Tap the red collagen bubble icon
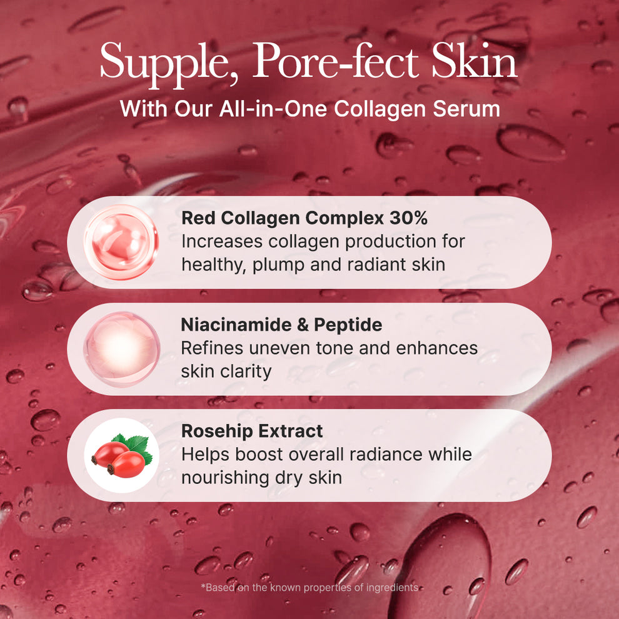(x=121, y=242)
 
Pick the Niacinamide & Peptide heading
(x=281, y=325)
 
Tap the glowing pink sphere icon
(x=122, y=348)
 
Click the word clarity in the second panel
(x=248, y=371)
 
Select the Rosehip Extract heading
(x=252, y=431)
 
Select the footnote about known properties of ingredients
(x=309, y=587)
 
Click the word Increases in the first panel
(x=219, y=241)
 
